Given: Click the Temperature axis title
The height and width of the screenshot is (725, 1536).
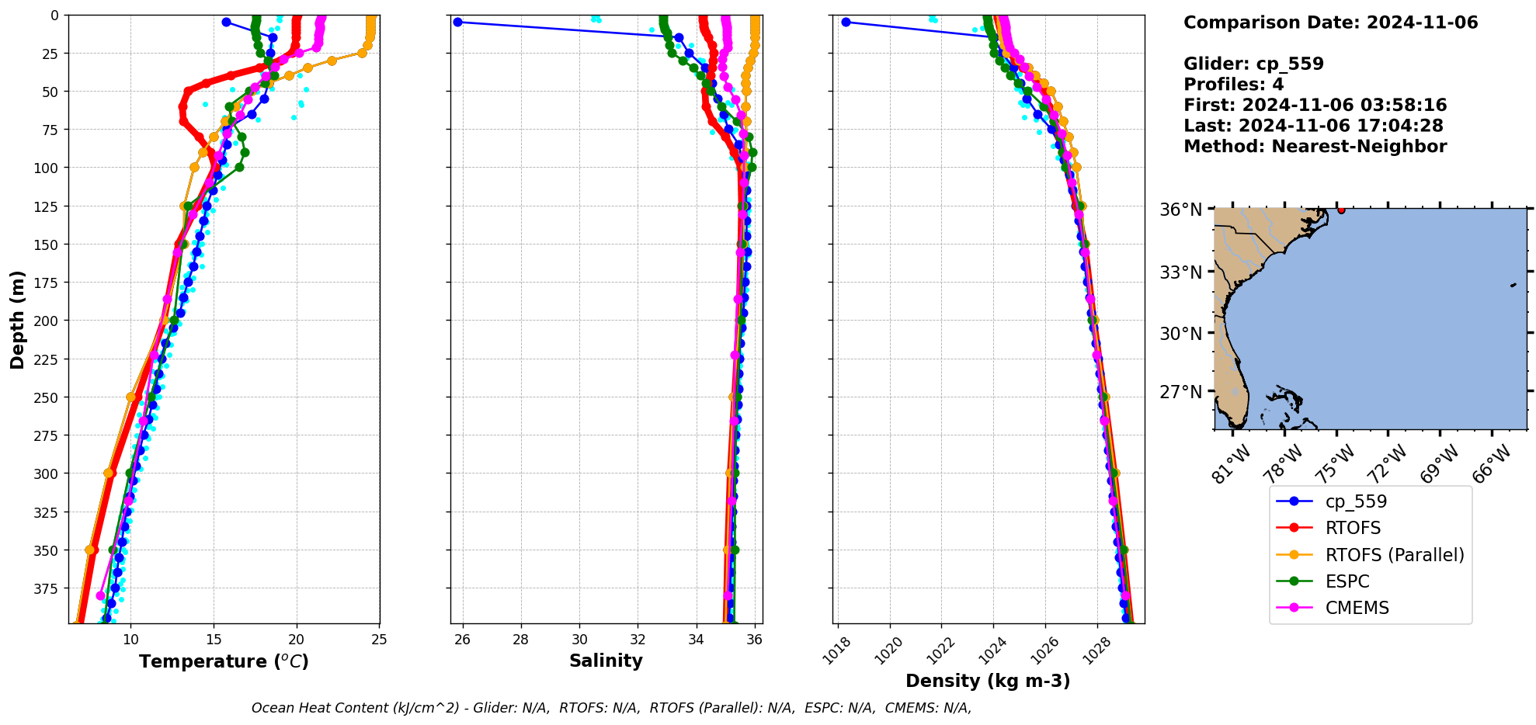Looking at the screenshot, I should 224,661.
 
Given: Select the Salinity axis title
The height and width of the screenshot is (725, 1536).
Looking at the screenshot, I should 606,661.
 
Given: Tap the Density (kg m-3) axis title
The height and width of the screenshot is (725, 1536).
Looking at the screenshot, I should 988,681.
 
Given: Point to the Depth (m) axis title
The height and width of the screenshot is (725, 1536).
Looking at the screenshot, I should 17,319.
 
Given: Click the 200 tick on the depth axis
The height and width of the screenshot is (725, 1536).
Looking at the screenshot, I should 48,321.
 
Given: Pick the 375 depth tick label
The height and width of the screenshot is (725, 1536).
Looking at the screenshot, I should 48,588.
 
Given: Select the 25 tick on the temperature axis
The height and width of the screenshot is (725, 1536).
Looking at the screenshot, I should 379,640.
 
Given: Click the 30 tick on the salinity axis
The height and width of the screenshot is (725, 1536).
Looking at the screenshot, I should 579,640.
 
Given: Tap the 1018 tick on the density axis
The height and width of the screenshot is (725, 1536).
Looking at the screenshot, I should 836,652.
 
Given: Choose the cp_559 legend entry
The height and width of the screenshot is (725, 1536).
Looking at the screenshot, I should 1355,501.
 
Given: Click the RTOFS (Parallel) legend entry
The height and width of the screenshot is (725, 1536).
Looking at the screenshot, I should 1394,555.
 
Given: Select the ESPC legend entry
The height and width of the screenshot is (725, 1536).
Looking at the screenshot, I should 1347,581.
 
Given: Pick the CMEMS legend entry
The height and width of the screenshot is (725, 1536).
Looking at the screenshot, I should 1357,608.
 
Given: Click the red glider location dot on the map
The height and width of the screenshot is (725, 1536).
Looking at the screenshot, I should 1341,210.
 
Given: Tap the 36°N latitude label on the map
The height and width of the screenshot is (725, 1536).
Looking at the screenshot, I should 1180,210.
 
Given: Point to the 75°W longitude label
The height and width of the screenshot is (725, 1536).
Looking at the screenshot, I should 1337,463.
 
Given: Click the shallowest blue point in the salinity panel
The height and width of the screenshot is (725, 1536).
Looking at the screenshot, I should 457,22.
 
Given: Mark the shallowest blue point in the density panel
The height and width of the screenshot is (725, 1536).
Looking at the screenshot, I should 846,22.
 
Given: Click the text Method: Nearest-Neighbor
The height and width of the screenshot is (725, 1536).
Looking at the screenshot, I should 1315,147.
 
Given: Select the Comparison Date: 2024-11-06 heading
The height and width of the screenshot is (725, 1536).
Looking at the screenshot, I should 1330,23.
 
